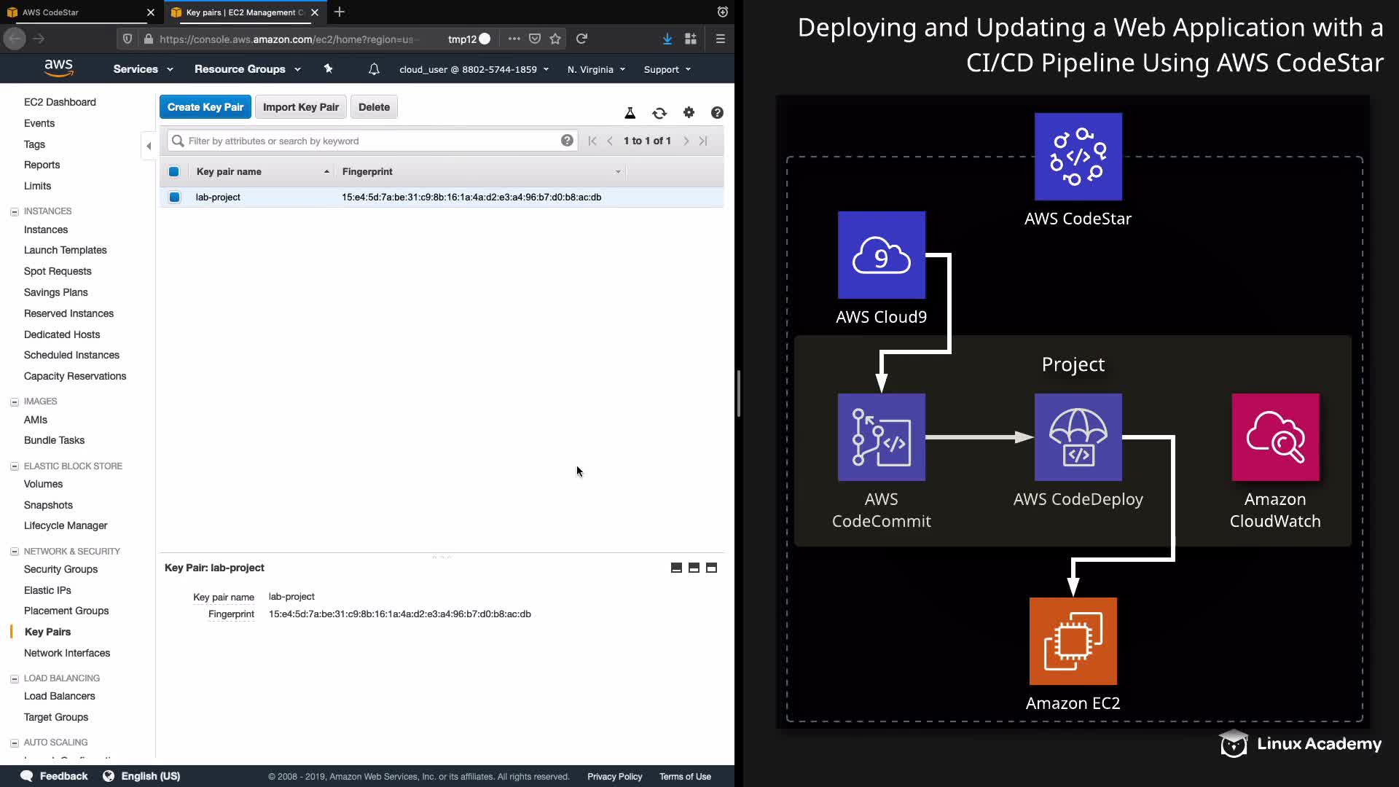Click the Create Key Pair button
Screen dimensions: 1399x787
pos(205,107)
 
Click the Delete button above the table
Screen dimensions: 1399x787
pos(374,107)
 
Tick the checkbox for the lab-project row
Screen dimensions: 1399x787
pos(174,197)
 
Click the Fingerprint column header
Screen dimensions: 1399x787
pos(367,171)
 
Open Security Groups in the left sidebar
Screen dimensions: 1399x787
pos(60,569)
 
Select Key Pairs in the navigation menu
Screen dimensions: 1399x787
pos(47,632)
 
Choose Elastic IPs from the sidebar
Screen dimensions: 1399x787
pos(47,590)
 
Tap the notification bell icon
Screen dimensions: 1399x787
pos(374,69)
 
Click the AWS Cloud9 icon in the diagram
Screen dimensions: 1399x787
pos(882,255)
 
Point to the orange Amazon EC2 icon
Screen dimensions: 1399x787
pos(1073,641)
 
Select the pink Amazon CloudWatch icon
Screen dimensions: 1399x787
pos(1275,437)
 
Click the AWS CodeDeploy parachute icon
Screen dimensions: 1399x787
pos(1078,437)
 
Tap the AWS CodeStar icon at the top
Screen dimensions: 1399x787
pos(1078,157)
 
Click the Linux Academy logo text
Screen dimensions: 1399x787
pos(1319,744)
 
